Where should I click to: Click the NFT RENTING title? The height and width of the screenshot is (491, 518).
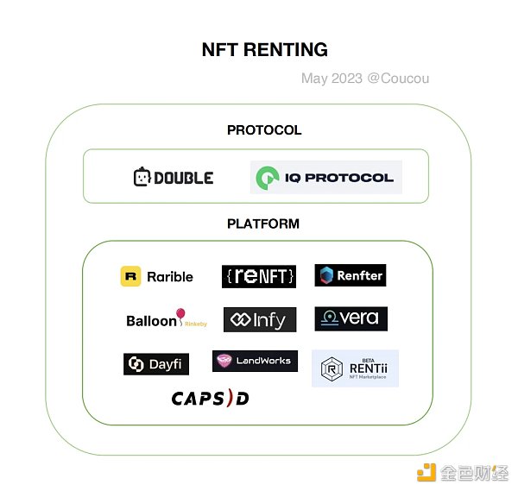(x=265, y=50)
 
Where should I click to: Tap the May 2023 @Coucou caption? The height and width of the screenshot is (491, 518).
(x=365, y=79)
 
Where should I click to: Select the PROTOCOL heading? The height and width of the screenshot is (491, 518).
(x=264, y=130)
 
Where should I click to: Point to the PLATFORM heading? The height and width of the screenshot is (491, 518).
(x=263, y=223)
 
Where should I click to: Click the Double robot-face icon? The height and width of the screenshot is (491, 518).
(x=142, y=177)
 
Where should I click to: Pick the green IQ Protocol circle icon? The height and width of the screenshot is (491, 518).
(x=268, y=178)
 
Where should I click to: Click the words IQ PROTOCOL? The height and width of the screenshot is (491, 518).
(x=339, y=178)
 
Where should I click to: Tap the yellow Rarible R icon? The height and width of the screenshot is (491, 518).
(x=131, y=276)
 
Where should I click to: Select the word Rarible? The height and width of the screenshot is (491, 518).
(x=170, y=277)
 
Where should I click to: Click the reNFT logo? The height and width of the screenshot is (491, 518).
(x=259, y=276)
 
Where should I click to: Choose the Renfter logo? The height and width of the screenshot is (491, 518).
(x=351, y=275)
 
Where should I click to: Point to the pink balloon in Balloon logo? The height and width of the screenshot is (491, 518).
(x=180, y=314)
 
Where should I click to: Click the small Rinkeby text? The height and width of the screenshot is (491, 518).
(x=196, y=324)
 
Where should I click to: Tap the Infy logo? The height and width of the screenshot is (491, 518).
(x=260, y=319)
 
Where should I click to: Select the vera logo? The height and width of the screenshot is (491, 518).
(x=351, y=318)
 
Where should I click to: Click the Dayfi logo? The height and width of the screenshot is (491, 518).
(x=156, y=364)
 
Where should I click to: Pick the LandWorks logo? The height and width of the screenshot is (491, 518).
(x=255, y=361)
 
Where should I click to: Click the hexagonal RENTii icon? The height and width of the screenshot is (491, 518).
(x=332, y=368)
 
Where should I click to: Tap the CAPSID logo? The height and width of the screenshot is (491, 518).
(x=211, y=398)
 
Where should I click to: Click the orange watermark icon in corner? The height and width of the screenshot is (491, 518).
(x=426, y=472)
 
